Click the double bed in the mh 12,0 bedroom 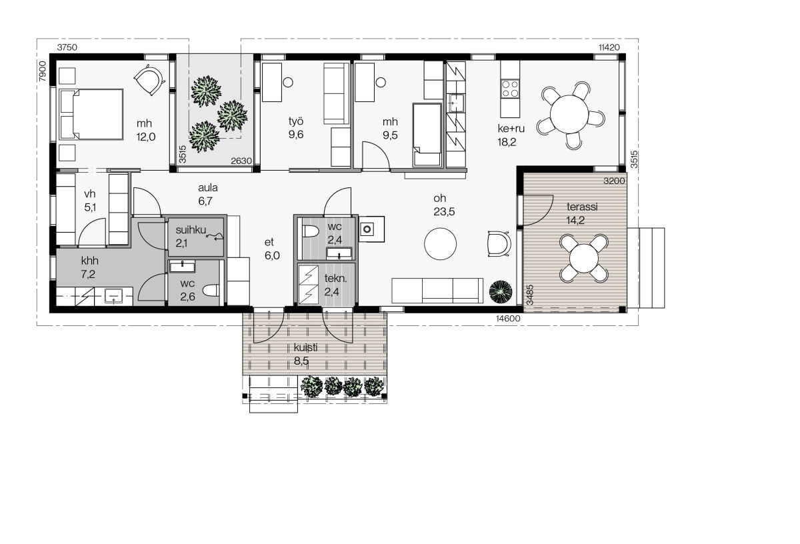tap(91, 114)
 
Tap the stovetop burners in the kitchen tap(509, 89)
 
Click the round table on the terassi tap(583, 258)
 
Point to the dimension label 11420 tap(609, 47)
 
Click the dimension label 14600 tap(508, 319)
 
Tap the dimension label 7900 tap(43, 71)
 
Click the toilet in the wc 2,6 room tap(211, 291)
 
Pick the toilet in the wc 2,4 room tap(310, 231)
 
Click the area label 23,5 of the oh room tap(444, 212)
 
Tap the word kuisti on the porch tap(305, 347)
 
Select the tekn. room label tap(335, 278)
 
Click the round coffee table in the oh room tap(440, 244)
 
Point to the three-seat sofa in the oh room tap(437, 291)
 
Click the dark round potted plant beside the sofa tap(501, 292)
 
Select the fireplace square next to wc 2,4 tap(371, 229)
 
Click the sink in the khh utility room tap(113, 296)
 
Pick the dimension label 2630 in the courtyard tap(241, 161)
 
